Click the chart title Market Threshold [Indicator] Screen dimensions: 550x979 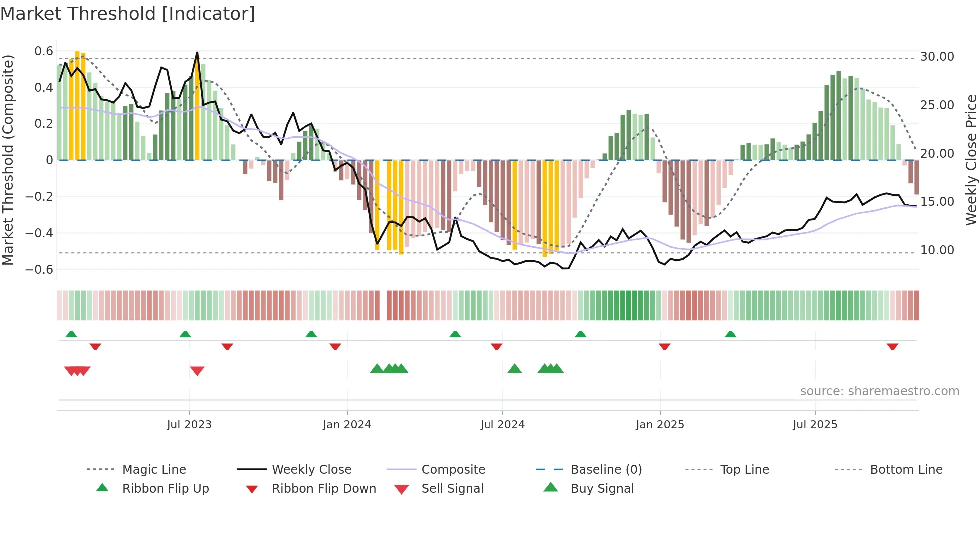(x=128, y=14)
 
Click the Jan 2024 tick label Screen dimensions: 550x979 (x=347, y=424)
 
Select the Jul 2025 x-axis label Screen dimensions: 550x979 (x=815, y=424)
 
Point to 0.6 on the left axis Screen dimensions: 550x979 (x=44, y=51)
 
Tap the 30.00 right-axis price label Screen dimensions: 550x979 (x=937, y=57)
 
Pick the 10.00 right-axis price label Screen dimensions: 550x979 (x=937, y=250)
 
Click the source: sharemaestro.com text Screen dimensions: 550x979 (x=879, y=391)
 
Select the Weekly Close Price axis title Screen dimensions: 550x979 (x=971, y=160)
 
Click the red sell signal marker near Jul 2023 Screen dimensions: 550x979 (x=197, y=371)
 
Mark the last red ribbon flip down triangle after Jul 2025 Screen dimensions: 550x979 (x=892, y=346)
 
